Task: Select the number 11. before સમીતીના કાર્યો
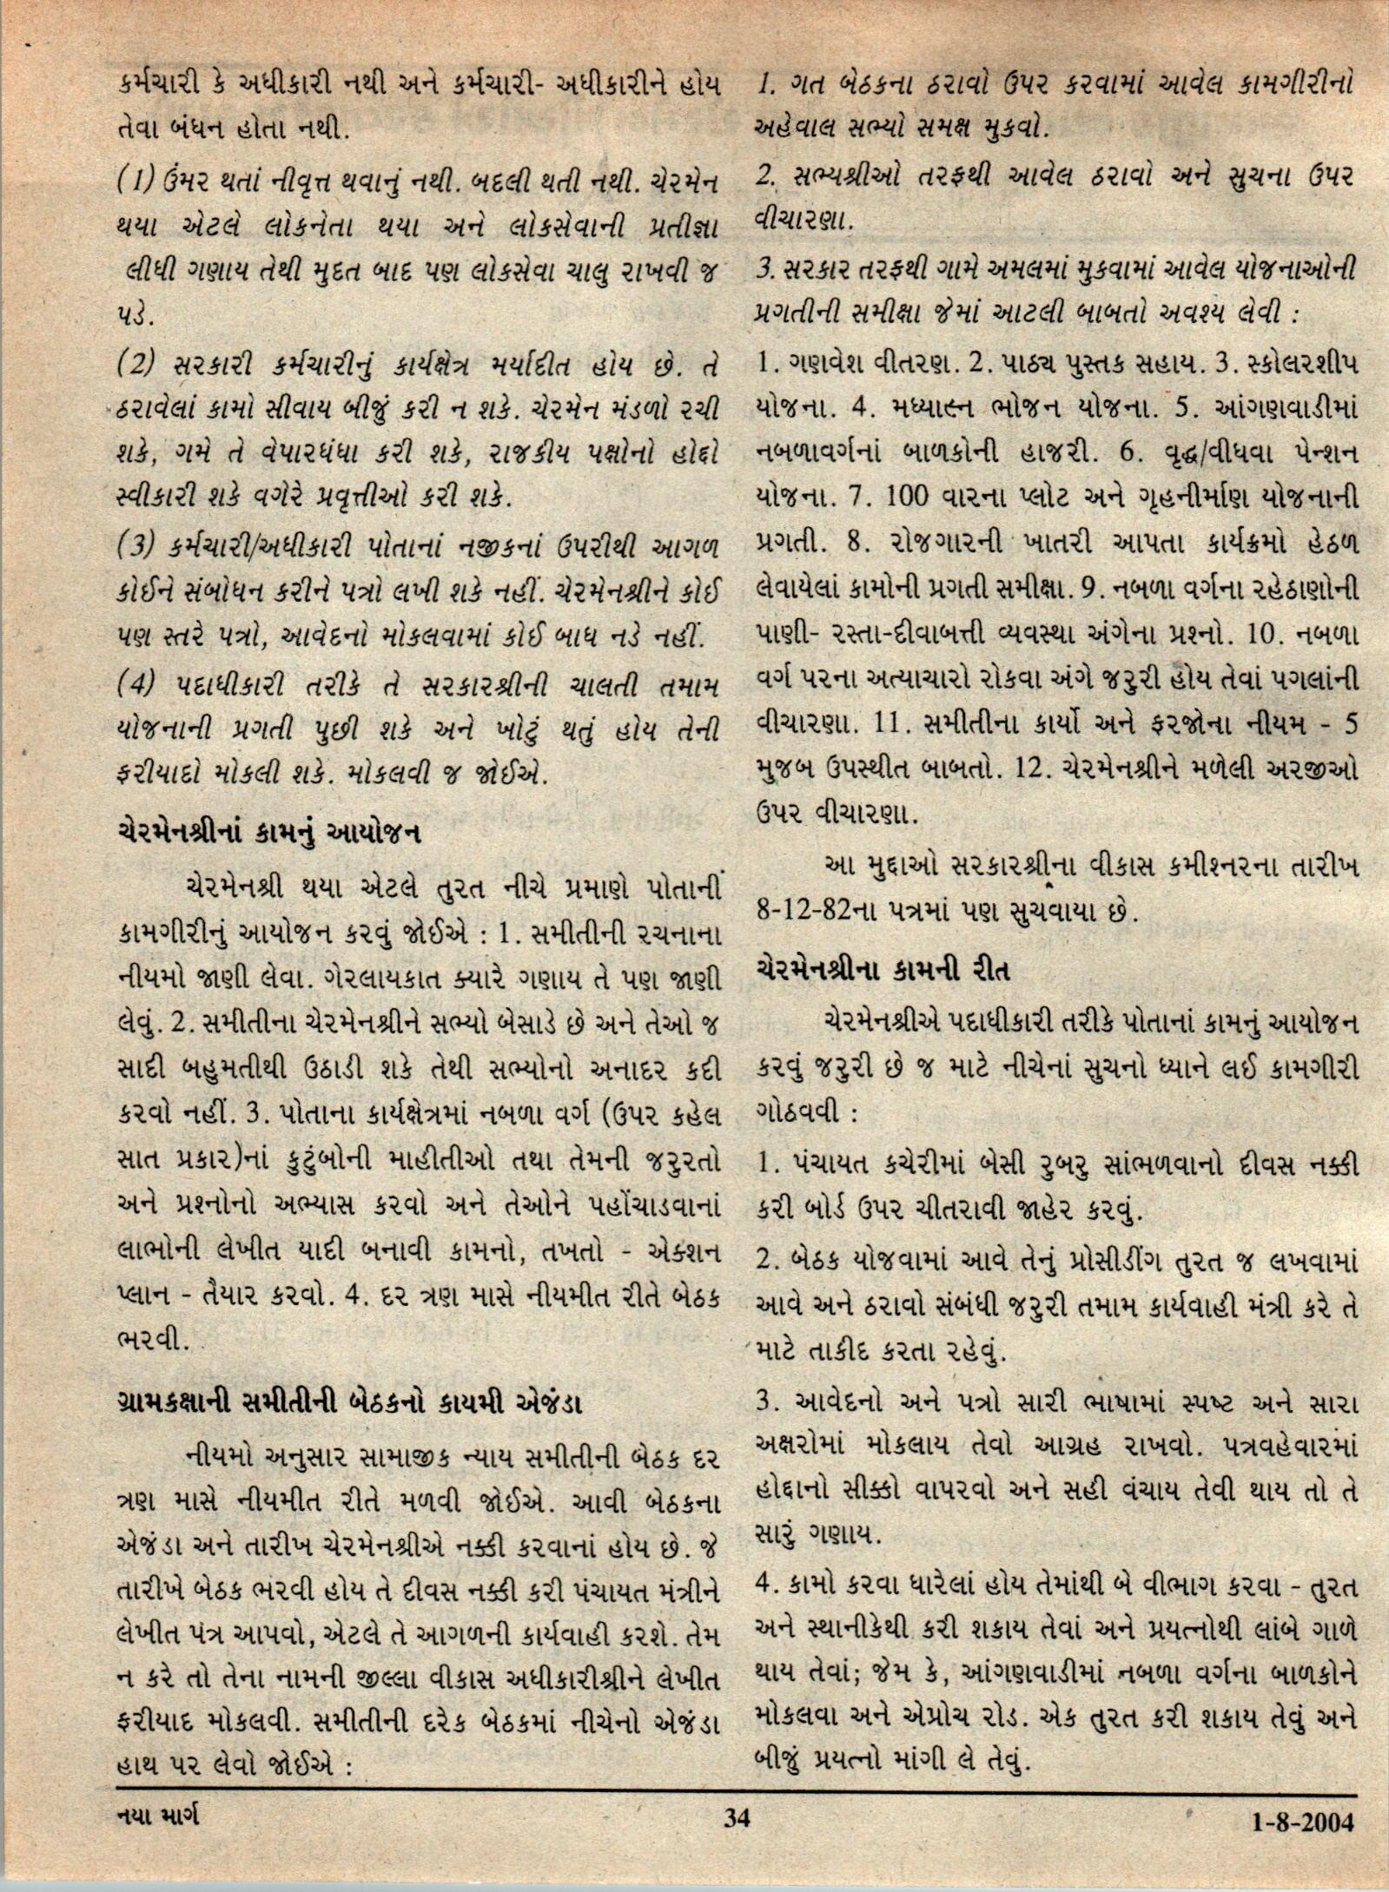pyautogui.click(x=892, y=728)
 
